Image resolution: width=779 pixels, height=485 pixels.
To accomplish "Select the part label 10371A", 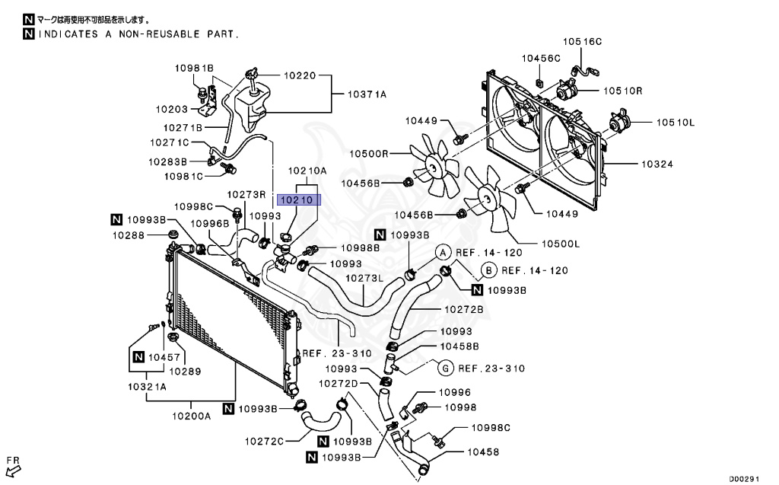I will point(367,94).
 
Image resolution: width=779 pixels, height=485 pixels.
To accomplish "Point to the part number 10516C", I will point(582,42).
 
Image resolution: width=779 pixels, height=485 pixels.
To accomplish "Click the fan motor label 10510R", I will point(624,91).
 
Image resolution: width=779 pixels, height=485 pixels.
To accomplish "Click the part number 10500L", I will point(561,244).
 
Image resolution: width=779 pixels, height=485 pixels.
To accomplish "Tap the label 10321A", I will point(148,387).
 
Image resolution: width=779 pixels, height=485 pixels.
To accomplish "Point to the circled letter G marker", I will point(447,368).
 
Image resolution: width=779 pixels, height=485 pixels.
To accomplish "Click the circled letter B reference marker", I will point(489,270).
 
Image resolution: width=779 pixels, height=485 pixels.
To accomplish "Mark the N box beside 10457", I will point(138,356).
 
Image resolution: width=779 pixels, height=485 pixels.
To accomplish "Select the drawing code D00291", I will point(745,479).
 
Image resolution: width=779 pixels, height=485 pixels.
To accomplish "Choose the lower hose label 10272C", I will point(264,441).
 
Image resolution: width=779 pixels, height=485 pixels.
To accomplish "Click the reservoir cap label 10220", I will point(299,76).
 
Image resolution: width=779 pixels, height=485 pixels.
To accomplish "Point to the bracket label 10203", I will point(171,109).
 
